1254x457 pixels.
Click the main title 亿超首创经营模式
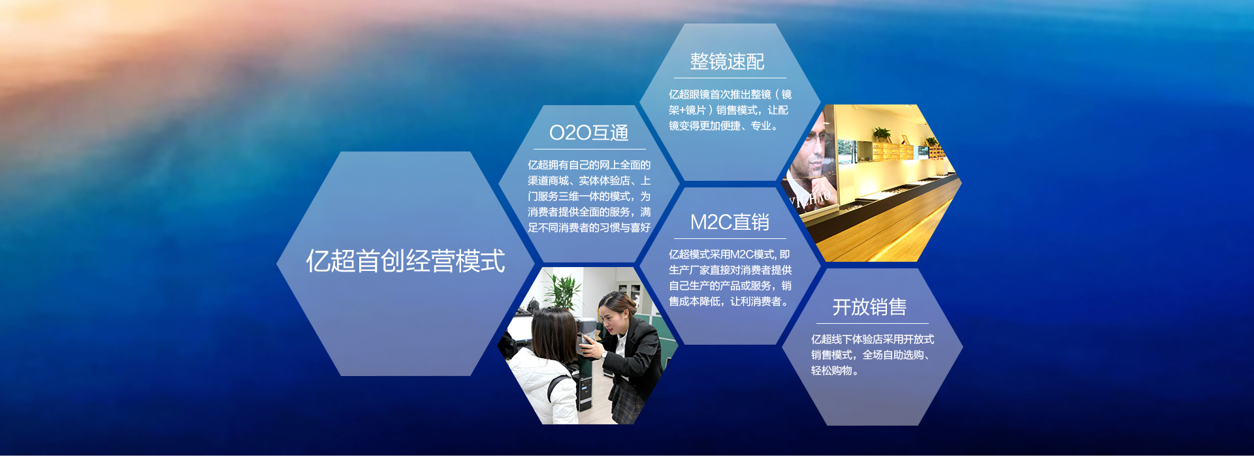point(406,261)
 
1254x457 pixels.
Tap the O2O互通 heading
point(589,133)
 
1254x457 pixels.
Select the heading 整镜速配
point(727,61)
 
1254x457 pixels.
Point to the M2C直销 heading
point(730,222)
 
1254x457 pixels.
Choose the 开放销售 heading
point(869,307)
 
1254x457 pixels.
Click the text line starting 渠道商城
point(589,181)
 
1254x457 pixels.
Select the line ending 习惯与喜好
point(589,228)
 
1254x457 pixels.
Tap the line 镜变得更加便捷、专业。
point(724,126)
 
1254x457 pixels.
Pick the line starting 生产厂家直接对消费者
point(730,270)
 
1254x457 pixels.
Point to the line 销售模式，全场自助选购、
point(871,355)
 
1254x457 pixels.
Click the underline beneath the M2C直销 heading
point(730,238)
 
